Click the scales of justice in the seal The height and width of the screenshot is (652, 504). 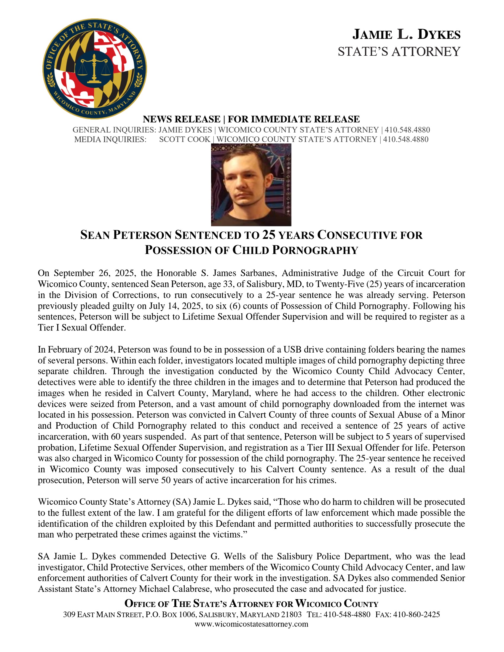[94, 69]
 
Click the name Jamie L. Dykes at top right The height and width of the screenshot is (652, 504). [406, 34]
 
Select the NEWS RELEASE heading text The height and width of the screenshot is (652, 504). [181, 119]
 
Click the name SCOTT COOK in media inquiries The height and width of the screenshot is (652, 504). [184, 139]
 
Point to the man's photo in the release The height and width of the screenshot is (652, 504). [251, 185]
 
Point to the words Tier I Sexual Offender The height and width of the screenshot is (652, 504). [82, 327]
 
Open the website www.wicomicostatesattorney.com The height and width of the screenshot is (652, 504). [251, 624]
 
